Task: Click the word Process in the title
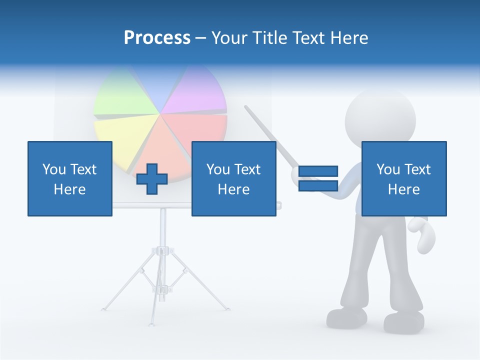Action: [157, 38]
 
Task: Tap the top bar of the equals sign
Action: [318, 171]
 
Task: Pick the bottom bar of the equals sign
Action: [318, 186]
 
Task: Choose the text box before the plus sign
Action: [70, 179]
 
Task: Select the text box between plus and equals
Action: [234, 179]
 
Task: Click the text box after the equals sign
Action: [404, 179]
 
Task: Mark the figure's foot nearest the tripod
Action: [346, 317]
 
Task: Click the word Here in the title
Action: [350, 38]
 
